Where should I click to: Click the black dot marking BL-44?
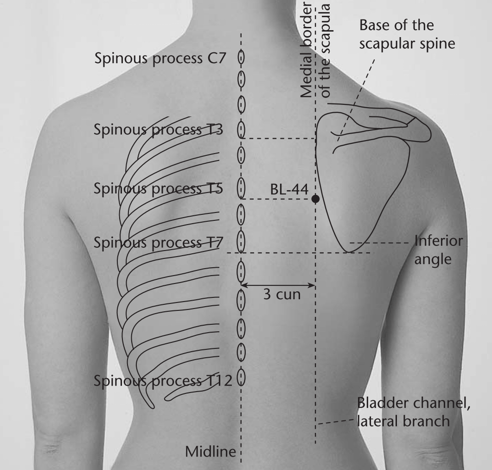coord(315,199)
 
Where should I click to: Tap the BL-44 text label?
coord(289,189)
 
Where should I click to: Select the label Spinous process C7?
coord(160,58)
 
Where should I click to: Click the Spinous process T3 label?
coord(158,129)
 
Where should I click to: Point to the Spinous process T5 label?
coord(158,188)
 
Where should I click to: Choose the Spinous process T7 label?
coord(158,242)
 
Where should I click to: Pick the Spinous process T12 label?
coord(163,380)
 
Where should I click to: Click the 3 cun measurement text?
coord(282,295)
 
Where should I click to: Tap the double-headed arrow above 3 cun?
coord(278,285)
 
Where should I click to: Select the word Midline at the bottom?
coord(211,452)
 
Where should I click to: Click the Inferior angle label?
coord(438,250)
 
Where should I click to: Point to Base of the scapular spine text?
coord(407,34)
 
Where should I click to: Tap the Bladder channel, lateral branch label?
coord(414,412)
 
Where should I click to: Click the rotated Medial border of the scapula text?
coord(315,50)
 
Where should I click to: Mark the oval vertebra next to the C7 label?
coord(241,58)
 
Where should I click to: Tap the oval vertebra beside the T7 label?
coord(241,241)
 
